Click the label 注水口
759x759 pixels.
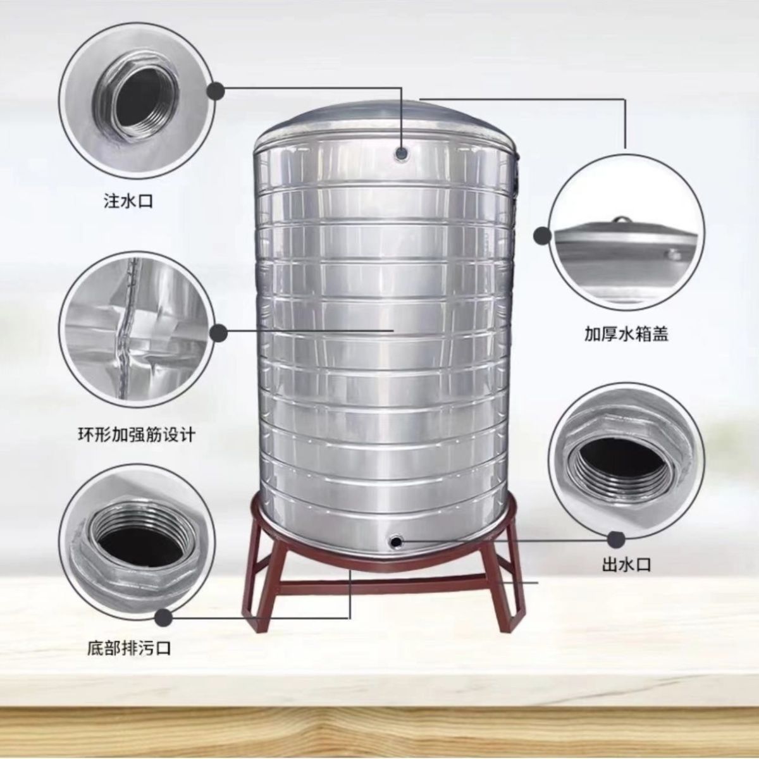click(x=128, y=202)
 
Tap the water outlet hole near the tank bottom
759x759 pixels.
click(x=395, y=542)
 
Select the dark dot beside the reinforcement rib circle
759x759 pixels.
click(x=218, y=333)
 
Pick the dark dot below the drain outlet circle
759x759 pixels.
click(x=164, y=618)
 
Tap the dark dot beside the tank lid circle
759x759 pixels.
click(x=542, y=236)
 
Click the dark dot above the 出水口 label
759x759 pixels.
click(x=616, y=540)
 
